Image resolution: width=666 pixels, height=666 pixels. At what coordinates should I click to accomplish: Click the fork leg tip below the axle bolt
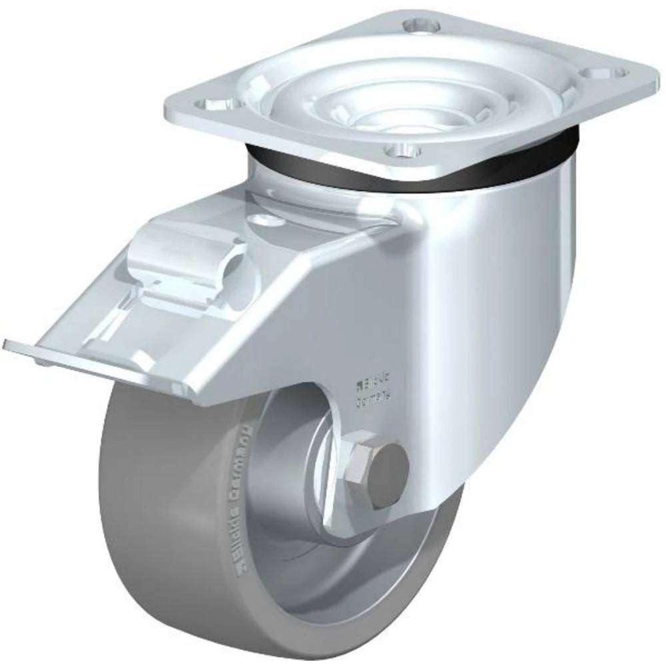coord(393,516)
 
